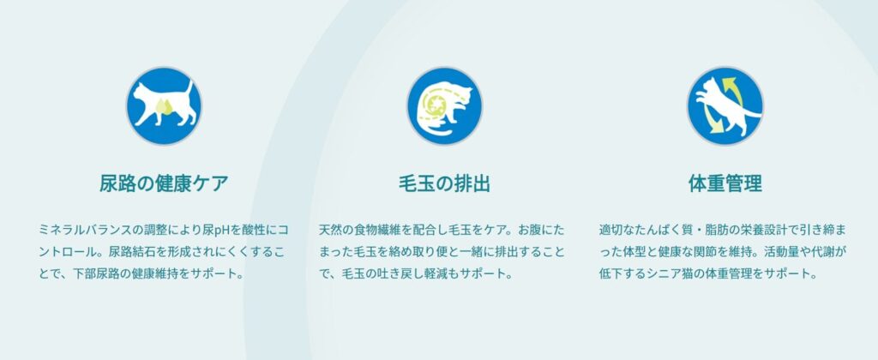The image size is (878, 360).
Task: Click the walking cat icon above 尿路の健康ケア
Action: pos(164,105)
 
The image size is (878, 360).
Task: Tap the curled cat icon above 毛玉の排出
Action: pos(444,105)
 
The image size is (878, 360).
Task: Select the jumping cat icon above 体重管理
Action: pos(725,105)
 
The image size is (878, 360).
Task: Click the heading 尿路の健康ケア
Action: pos(164,183)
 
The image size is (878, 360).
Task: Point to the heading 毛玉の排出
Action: pos(445,183)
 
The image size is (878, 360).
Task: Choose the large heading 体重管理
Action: pos(725,183)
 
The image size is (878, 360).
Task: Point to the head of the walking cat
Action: pos(139,91)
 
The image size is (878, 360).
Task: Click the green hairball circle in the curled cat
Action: pos(435,105)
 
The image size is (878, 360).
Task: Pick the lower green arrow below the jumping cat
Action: pos(711,122)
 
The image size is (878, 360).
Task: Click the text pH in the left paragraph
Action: pos(223,230)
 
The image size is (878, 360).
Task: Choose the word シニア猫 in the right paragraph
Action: pos(672,274)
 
